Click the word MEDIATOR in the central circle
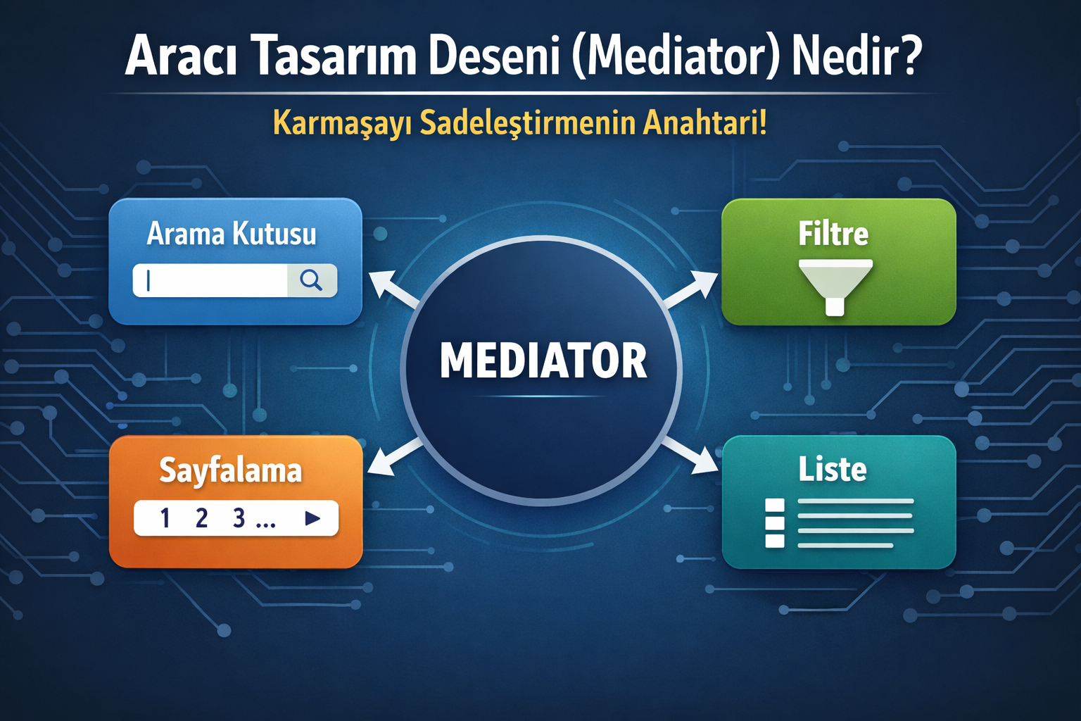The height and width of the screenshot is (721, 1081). coord(543,360)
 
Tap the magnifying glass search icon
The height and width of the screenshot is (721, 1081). coord(311,280)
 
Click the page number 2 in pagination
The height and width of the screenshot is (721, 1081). coord(201,518)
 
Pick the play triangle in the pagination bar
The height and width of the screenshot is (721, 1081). coord(312,518)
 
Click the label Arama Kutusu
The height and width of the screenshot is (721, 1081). coord(232,234)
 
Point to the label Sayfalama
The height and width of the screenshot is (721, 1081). coord(230,470)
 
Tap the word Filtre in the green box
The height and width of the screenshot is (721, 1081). coord(833,234)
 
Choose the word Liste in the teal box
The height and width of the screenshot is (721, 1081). coord(832,469)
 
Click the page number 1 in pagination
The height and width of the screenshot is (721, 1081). coord(165,518)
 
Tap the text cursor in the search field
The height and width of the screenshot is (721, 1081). coord(148,281)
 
